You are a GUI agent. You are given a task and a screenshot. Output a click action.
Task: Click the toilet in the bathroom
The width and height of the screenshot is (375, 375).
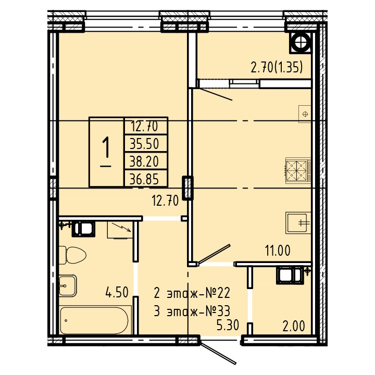click(72, 255)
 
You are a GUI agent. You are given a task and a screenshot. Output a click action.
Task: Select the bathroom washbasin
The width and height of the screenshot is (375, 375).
click(68, 285)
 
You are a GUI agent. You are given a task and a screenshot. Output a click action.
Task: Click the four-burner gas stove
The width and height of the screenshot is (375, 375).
click(297, 170)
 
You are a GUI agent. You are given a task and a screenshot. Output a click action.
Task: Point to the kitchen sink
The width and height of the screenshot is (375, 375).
click(298, 223)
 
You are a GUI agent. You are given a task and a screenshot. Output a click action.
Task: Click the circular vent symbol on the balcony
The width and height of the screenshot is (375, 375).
click(301, 42)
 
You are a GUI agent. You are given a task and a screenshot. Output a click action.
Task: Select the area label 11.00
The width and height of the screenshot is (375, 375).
click(278, 251)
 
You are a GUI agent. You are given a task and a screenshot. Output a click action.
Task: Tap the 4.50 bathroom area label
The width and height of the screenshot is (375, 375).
click(117, 292)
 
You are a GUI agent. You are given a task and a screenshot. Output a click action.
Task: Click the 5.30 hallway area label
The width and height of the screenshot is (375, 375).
click(228, 325)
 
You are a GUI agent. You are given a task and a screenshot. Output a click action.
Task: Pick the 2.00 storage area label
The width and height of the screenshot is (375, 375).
click(294, 326)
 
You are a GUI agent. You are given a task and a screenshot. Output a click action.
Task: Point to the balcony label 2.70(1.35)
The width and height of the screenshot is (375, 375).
click(277, 67)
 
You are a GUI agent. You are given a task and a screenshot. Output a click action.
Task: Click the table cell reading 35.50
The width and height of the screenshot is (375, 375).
click(144, 144)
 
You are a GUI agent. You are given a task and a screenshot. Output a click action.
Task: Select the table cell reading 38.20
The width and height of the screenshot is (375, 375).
click(144, 161)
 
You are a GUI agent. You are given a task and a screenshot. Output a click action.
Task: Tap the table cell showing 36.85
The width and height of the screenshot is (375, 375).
click(144, 179)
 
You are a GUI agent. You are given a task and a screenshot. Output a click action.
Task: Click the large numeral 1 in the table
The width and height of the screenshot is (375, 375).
click(106, 148)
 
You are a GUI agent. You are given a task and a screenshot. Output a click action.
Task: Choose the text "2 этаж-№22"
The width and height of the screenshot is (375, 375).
click(192, 293)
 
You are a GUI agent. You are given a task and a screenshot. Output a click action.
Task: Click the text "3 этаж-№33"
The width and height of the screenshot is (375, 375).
click(192, 311)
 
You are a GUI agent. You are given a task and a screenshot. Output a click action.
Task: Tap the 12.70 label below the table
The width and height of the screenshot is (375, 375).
click(165, 201)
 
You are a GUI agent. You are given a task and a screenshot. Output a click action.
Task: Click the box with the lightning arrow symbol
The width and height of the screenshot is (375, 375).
click(120, 230)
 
